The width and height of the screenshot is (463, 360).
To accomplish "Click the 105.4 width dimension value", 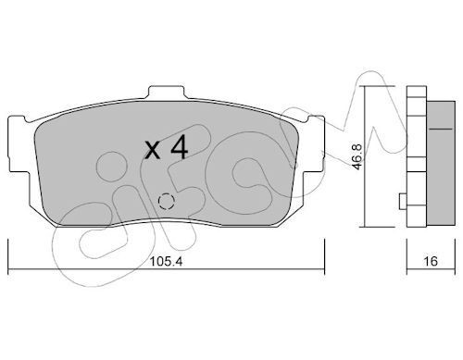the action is click(166, 262).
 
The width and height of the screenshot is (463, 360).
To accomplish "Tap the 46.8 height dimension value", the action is click(357, 156).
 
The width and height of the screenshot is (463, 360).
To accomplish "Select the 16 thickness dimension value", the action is click(431, 261).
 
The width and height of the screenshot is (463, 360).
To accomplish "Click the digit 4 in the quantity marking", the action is click(179, 147).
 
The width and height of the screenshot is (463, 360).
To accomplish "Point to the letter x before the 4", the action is click(153, 151).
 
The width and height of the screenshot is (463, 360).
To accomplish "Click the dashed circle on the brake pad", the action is click(166, 201).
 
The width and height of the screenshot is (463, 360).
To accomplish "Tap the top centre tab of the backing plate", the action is click(167, 92).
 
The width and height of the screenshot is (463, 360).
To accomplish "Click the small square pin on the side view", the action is click(403, 201).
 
